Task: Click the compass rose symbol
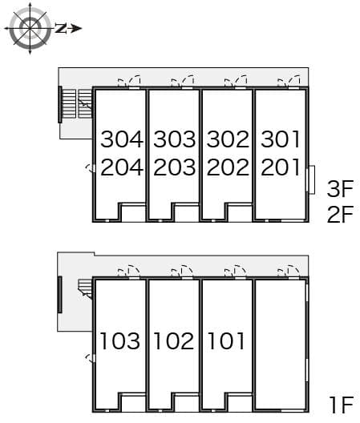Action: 30,28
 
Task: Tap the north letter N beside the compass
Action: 61,28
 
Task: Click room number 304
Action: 122,139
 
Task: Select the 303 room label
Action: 175,139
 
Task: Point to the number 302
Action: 228,139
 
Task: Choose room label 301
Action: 281,139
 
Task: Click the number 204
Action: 122,167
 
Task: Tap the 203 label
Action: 175,167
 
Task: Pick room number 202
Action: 228,167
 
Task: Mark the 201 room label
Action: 281,167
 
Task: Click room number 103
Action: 120,340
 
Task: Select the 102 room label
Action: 174,340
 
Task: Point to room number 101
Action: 226,340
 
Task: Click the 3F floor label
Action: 340,189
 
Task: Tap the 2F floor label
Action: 340,214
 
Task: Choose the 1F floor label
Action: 342,405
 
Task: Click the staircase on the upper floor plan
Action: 75,104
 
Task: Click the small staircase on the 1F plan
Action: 85,289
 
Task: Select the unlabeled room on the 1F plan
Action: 281,345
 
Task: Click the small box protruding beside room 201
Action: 312,179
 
